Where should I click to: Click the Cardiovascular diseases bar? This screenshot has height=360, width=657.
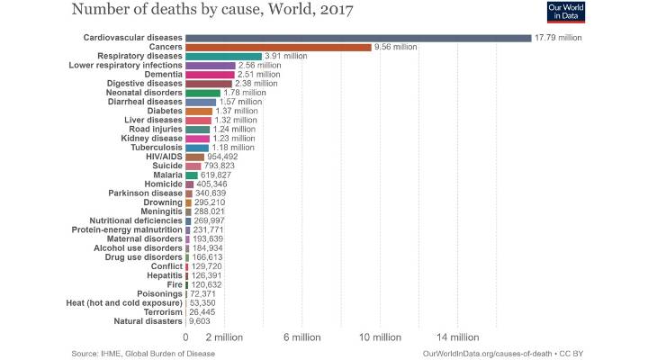[x=358, y=38]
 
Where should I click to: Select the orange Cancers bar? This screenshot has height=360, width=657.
[x=278, y=47]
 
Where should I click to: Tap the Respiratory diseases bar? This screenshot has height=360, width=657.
[x=223, y=56]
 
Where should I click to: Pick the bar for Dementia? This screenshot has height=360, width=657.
[x=210, y=75]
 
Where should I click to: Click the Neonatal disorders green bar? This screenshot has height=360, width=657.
[x=202, y=93]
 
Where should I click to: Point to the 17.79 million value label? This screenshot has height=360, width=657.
[x=559, y=38]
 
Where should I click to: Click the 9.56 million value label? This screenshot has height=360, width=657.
[x=398, y=47]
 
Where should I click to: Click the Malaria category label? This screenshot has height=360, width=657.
[x=166, y=175]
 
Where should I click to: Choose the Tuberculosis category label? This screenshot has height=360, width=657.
[x=150, y=148]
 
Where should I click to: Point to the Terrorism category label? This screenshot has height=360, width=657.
[x=157, y=311]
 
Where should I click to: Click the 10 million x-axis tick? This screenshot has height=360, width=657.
[x=380, y=337]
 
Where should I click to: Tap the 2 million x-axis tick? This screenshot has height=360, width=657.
[x=225, y=337]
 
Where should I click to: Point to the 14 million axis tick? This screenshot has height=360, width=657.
[x=457, y=337]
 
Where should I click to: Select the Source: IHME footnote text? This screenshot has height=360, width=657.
[x=143, y=354]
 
